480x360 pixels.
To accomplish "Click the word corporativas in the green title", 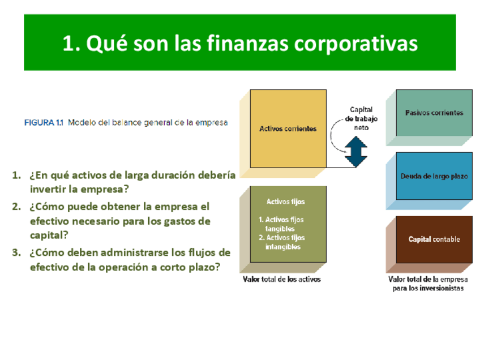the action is pyautogui.click(x=355, y=44).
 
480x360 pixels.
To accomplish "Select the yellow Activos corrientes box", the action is pyautogui.click(x=288, y=128).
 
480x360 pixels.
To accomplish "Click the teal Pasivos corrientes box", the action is pyautogui.click(x=434, y=113).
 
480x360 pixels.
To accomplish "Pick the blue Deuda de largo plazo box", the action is pyautogui.click(x=434, y=176).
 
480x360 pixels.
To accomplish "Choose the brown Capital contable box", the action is pyautogui.click(x=434, y=239).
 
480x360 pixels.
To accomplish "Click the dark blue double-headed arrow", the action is pyautogui.click(x=355, y=152).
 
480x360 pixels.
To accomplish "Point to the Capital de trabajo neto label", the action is pyautogui.click(x=361, y=118).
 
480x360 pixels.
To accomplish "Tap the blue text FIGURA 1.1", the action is pyautogui.click(x=44, y=123).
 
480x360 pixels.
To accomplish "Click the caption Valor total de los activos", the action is pyautogui.click(x=282, y=279).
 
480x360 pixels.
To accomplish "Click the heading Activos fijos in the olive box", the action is pyautogui.click(x=286, y=202).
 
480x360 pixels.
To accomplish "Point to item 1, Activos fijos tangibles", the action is pyautogui.click(x=281, y=224).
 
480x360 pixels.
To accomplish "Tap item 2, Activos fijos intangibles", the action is pyautogui.click(x=282, y=242).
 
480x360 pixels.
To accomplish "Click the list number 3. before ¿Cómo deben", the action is pyautogui.click(x=16, y=252).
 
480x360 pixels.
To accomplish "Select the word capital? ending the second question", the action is pyautogui.click(x=49, y=235).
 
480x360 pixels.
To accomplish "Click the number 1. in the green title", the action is pyautogui.click(x=71, y=43).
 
